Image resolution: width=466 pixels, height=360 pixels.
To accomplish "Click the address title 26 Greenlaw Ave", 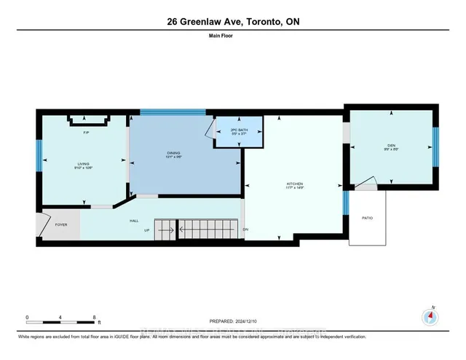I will point(232,22).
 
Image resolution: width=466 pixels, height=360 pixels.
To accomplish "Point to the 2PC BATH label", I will point(240,130).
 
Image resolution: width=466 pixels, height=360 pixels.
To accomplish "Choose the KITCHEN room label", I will point(294,184).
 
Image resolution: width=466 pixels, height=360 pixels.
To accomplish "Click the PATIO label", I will point(368,217).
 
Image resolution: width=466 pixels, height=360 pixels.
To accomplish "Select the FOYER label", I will point(61,224).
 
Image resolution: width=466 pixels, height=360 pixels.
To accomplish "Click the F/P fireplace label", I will point(86,133).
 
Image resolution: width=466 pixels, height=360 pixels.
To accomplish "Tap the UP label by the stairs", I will point(147,230).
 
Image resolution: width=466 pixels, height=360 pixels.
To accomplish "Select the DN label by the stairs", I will point(245,230).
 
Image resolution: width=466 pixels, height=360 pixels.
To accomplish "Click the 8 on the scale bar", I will point(94,317).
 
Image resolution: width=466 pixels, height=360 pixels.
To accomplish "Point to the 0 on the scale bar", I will point(27,317).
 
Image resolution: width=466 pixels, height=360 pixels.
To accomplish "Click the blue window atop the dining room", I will point(173,112).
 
